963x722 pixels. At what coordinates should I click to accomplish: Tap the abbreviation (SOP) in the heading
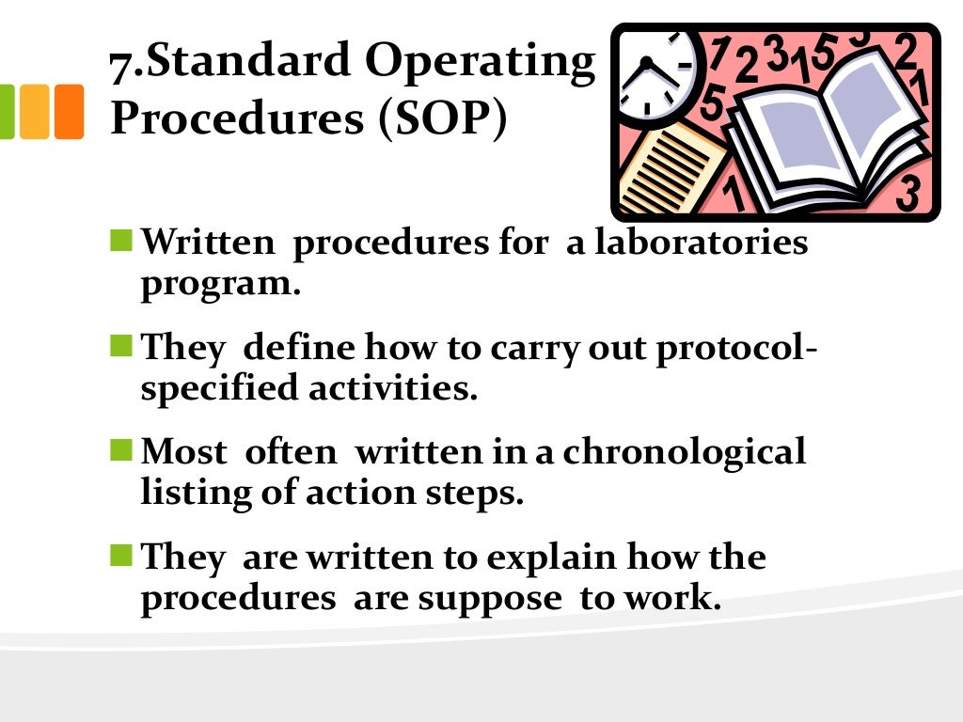click(x=445, y=118)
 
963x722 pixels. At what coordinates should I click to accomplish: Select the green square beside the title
click(x=8, y=112)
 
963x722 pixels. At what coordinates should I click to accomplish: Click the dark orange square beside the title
click(x=69, y=112)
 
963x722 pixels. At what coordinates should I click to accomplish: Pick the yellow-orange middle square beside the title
click(x=35, y=112)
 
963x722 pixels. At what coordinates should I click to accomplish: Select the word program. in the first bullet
click(x=221, y=284)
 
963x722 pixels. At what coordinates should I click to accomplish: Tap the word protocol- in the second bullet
click(x=734, y=348)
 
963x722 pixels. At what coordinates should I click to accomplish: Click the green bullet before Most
click(x=121, y=451)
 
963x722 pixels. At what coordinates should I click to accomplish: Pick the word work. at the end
click(x=669, y=598)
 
